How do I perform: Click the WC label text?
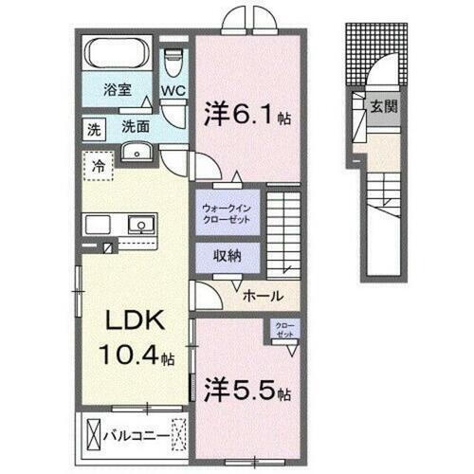[x=172, y=92]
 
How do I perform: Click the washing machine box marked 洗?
[x=94, y=127]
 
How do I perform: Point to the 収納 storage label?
[x=225, y=257]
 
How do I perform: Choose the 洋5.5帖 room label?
[x=246, y=389]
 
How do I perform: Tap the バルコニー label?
[x=143, y=439]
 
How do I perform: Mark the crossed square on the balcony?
[x=93, y=437]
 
